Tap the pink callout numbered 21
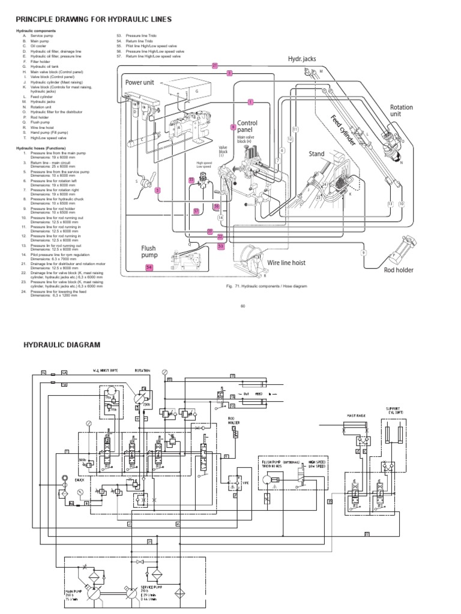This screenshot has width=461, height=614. pos(215,65)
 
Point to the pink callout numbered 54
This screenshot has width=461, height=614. pos(149,267)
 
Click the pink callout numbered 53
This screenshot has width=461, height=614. pos(220,246)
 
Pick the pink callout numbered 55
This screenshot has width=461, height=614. pos(191,180)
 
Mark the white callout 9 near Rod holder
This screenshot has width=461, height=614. pos(363,252)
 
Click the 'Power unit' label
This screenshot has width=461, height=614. pos(140,82)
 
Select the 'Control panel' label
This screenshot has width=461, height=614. pos(247,126)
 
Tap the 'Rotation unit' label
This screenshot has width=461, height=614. pos(401,110)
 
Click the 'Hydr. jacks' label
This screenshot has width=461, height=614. pos(301,58)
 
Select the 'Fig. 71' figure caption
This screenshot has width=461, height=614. pos(266,287)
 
